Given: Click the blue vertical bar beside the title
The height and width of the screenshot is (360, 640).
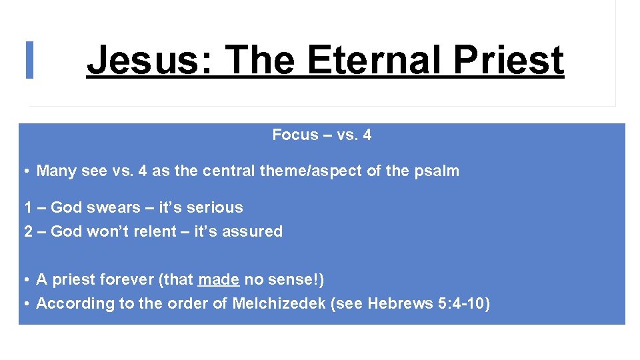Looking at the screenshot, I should tap(29, 60).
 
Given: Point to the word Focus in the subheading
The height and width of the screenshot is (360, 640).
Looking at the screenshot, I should tap(295, 135).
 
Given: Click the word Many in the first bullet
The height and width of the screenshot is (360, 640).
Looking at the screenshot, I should tap(56, 171).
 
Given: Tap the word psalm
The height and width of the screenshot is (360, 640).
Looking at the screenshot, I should tap(436, 171).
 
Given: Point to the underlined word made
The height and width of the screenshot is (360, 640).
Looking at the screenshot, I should tap(219, 279).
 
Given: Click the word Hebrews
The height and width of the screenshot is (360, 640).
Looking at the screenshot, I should tap(397, 303).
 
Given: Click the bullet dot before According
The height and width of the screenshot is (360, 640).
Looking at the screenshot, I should tap(26, 304).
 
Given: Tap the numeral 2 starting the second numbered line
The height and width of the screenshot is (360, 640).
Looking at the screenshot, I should tap(29, 231).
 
